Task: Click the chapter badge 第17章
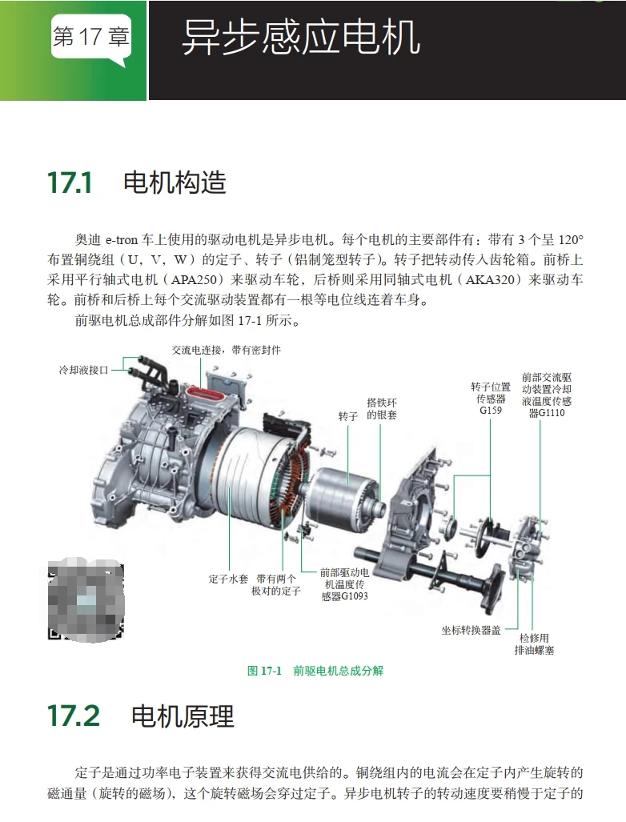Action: click(x=90, y=37)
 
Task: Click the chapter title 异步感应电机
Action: click(x=301, y=38)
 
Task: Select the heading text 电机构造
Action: click(x=175, y=182)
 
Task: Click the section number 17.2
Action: click(x=74, y=715)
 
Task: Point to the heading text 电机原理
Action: click(x=183, y=716)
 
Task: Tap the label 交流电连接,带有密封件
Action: click(x=227, y=351)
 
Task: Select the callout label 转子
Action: click(x=347, y=417)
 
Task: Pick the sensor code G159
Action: click(x=491, y=411)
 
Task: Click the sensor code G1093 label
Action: click(x=344, y=596)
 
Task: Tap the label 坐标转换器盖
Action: click(x=471, y=630)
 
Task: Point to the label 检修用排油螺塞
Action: click(x=534, y=644)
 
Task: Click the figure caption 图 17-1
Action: click(x=265, y=671)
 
